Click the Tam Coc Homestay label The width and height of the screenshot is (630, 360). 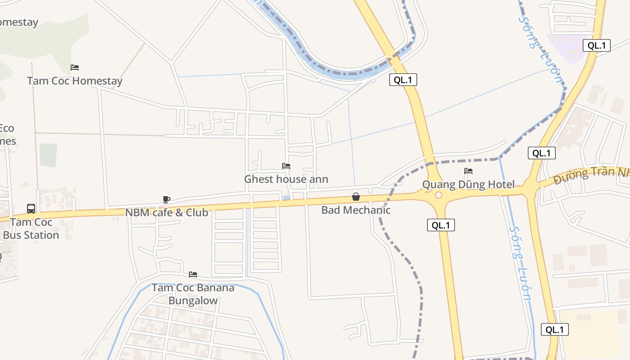coord(75,81)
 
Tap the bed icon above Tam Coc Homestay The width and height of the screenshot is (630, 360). coord(75,67)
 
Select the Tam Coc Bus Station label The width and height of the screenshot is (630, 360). coord(31,229)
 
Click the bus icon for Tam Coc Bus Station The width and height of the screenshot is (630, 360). coord(31,209)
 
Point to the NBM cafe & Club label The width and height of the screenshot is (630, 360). coord(166,212)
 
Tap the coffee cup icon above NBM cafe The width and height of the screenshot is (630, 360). coord(166,199)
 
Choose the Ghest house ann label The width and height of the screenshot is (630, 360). coord(286,179)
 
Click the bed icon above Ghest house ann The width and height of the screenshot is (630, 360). coord(286,166)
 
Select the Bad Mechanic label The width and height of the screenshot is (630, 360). coord(356,210)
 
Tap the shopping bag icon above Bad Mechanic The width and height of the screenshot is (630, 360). coord(356,197)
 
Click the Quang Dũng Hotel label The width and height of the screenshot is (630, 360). coord(468,184)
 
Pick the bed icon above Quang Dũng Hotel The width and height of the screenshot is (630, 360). coord(468,171)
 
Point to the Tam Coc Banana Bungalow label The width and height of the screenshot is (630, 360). coord(193,294)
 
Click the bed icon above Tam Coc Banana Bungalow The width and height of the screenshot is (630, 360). coord(193,274)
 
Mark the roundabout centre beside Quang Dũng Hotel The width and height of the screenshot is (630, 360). coord(438,195)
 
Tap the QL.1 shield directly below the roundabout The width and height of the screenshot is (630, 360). coord(441,225)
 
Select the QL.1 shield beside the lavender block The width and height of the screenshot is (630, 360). coord(597,45)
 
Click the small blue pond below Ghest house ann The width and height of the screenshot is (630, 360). coord(286,198)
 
